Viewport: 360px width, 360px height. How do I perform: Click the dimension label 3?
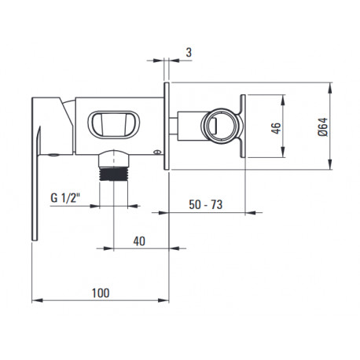click(189, 53)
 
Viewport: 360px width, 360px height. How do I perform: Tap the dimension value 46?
click(276, 128)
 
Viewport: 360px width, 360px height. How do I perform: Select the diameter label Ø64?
click(323, 127)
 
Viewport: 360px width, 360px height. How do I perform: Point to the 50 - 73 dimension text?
click(205, 204)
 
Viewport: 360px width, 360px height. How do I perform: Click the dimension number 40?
click(139, 241)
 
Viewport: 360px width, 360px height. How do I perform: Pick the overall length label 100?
click(101, 293)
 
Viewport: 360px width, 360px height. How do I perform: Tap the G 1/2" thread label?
click(64, 198)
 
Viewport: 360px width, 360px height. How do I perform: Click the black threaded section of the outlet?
click(114, 174)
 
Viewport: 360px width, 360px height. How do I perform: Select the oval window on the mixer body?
click(114, 125)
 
